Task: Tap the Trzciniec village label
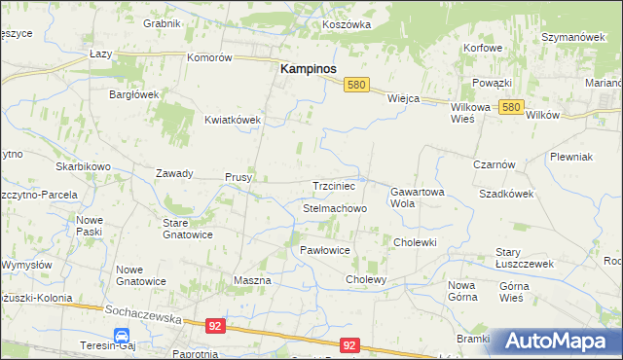click(338, 185)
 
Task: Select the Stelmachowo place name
click(335, 208)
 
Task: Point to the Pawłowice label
click(324, 250)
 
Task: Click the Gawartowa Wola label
click(418, 198)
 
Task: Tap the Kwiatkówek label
click(233, 120)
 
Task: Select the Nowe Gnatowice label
click(140, 275)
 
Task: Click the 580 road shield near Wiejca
click(356, 86)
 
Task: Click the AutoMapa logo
click(559, 342)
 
